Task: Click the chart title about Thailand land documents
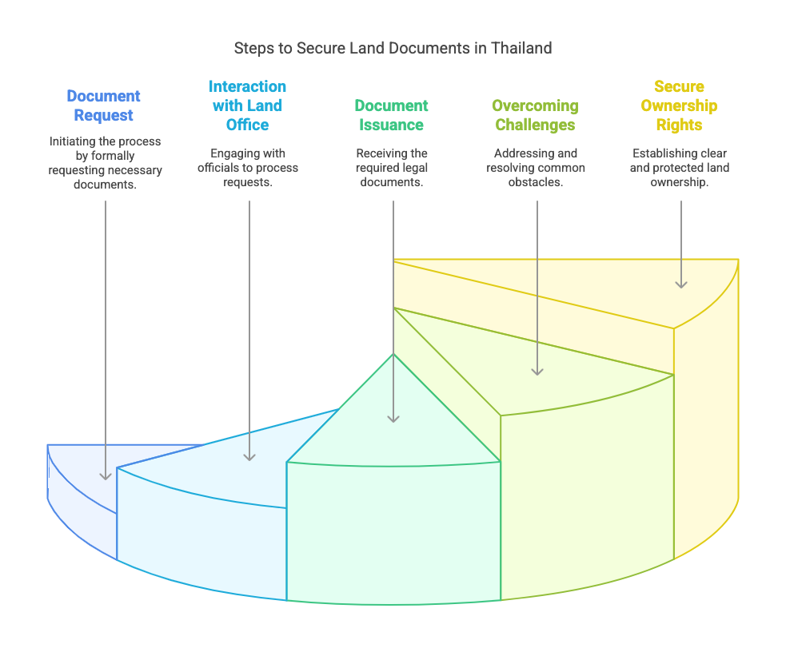(x=393, y=48)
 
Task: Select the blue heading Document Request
(x=103, y=105)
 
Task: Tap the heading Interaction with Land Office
(x=247, y=105)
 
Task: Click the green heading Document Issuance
(x=391, y=115)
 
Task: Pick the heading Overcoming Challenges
(x=535, y=115)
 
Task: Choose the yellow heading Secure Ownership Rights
(x=679, y=105)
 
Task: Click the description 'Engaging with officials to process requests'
(x=248, y=168)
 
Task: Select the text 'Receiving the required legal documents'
(x=392, y=168)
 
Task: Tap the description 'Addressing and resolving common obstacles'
(x=536, y=168)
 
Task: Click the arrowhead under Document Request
(x=106, y=475)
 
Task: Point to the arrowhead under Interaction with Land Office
(x=249, y=456)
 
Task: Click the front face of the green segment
(x=393, y=531)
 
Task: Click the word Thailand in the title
(x=521, y=48)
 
